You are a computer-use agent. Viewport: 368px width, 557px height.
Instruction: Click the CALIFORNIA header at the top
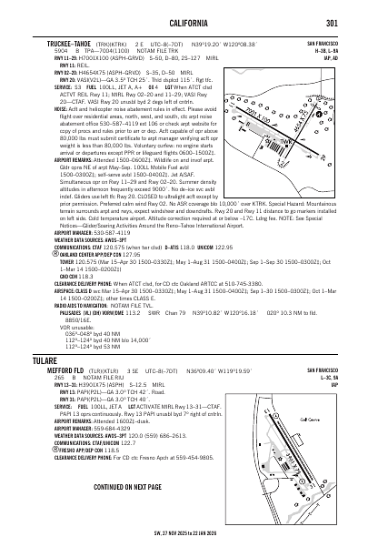point(184,23)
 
